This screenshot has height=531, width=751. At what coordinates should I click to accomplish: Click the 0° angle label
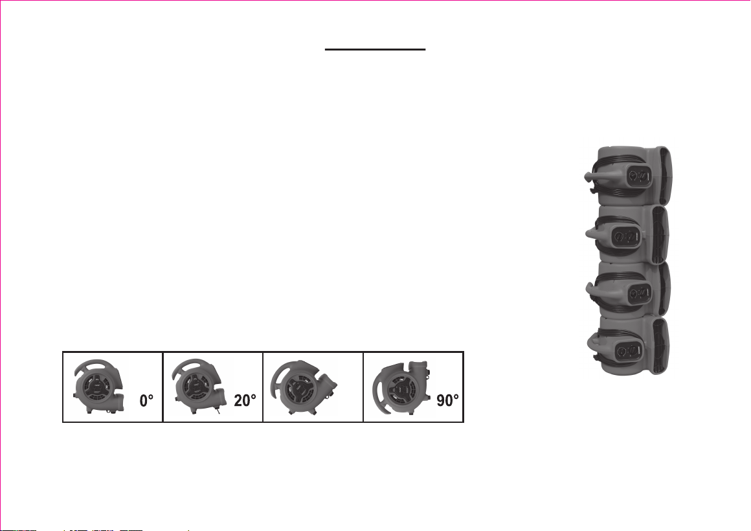(146, 401)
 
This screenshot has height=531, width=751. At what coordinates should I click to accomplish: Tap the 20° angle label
(245, 401)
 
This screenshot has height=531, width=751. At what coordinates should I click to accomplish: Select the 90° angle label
(448, 401)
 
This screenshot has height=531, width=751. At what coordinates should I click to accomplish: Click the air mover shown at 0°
(98, 386)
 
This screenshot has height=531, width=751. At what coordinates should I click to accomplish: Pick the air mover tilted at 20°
(199, 386)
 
